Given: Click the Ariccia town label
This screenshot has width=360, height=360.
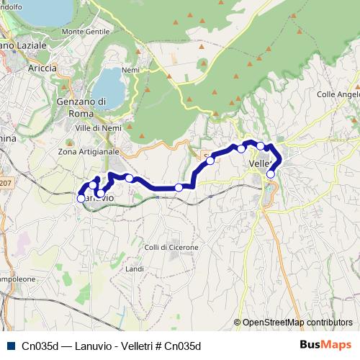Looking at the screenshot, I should coord(42,68).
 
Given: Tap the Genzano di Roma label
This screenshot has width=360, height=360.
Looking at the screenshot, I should coord(81,107).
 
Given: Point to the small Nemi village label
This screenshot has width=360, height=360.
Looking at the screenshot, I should coord(130,70).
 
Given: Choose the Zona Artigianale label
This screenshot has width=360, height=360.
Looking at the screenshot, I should coord(89,152).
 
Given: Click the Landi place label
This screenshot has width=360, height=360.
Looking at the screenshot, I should coord(135,269).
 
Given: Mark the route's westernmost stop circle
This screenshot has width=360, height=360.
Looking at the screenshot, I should coord(81,198).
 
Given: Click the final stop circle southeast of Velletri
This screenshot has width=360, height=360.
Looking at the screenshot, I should coord(271,174).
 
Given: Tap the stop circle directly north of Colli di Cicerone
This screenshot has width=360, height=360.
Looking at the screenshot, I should coord(179,188).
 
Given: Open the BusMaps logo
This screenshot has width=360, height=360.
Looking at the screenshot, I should coord(326,345).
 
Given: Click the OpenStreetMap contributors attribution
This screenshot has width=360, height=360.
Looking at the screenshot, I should coord(297,323).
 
